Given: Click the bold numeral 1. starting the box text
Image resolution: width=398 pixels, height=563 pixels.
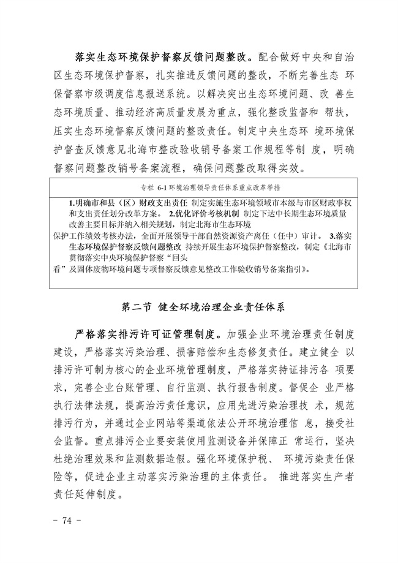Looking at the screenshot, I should [x=72, y=202].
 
